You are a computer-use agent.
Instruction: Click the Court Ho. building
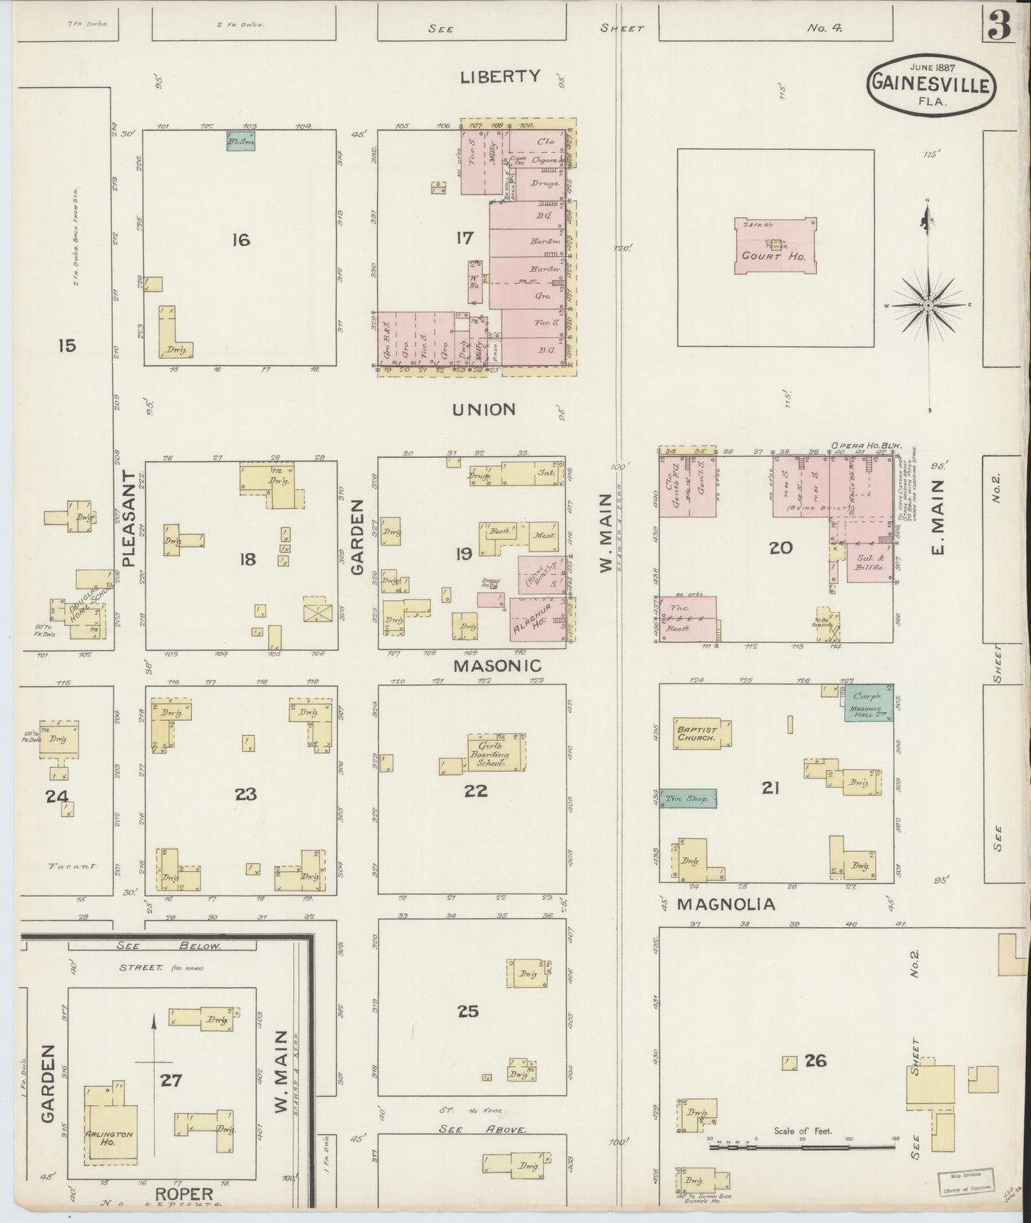pos(775,246)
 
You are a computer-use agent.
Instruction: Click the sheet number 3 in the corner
pos(1000,26)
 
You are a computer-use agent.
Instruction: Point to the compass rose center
pos(928,306)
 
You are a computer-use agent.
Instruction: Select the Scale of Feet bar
pos(802,1147)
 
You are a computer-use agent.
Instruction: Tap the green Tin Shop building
pos(688,798)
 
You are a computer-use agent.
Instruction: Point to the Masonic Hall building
pos(869,711)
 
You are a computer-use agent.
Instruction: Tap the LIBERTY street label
pos(500,76)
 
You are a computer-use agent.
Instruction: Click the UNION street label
pos(483,410)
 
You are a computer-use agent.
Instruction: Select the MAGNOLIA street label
pos(725,904)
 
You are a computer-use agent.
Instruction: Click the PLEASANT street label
pos(129,519)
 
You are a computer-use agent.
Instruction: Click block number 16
pos(240,240)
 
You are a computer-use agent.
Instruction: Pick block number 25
pos(468,1011)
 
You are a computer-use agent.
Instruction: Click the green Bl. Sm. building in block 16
pos(240,141)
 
